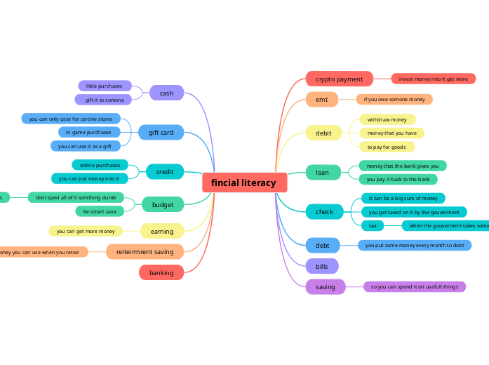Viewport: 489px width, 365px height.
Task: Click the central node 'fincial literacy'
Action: [244, 182]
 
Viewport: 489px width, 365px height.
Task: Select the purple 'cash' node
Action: [166, 93]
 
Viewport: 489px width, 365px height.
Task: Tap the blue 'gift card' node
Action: [161, 132]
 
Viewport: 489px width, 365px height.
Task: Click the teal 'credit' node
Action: [165, 171]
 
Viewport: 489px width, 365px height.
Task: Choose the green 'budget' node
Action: [163, 205]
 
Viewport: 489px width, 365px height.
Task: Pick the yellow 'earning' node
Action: [162, 231]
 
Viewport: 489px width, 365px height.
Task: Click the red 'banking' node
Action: [161, 272]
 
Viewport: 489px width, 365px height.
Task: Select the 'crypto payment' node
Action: [339, 79]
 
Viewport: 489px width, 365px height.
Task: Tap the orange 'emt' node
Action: [322, 100]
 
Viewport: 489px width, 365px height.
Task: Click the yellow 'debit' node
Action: [323, 132]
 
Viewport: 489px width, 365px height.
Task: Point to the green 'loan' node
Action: [322, 172]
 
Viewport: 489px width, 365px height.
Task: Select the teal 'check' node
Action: [324, 211]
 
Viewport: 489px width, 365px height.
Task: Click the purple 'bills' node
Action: [322, 266]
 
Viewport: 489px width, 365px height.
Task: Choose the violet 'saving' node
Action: [326, 286]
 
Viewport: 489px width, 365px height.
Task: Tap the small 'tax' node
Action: [373, 225]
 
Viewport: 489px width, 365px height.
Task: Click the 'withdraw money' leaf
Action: [387, 119]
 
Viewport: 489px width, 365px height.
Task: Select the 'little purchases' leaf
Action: [104, 86]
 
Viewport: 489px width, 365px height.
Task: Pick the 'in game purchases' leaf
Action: [89, 132]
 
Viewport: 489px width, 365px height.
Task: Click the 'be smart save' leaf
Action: [100, 211]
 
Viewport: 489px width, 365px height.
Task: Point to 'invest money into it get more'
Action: [433, 79]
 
